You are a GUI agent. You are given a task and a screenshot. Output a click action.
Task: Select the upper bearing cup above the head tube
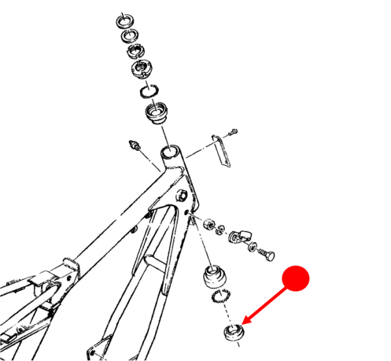(157, 115)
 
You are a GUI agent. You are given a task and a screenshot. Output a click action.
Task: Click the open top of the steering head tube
(171, 154)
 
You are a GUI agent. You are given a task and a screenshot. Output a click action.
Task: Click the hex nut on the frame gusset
(182, 194)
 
